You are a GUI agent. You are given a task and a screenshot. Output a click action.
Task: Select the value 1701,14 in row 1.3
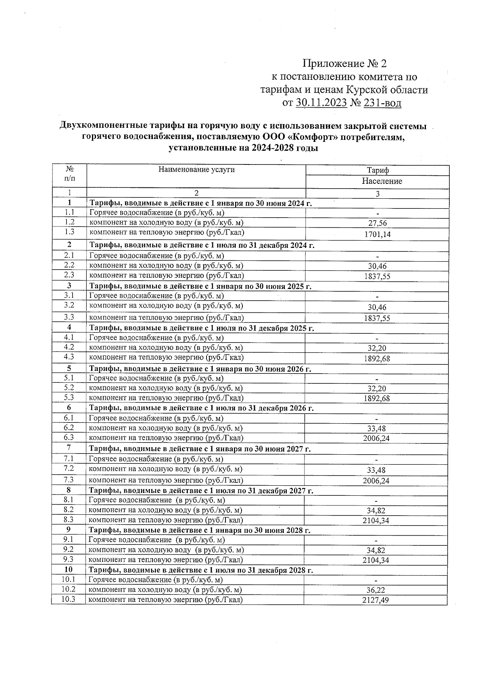[378, 235]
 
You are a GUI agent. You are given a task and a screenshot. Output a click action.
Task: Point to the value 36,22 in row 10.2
[376, 590]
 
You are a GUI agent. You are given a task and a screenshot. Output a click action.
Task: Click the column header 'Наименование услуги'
[196, 170]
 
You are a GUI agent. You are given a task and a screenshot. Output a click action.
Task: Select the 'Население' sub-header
[382, 181]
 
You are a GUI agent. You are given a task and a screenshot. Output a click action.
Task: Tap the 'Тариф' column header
[378, 170]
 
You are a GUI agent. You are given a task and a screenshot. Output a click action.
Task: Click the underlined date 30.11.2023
[321, 103]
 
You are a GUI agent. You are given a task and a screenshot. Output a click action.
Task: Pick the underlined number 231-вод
[382, 103]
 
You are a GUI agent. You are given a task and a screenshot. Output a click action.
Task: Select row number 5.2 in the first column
[69, 388]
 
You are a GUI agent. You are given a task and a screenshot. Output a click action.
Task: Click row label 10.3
[68, 599]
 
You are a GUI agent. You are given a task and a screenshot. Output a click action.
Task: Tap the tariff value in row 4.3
[377, 359]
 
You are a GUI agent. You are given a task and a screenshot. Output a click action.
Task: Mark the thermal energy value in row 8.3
[376, 521]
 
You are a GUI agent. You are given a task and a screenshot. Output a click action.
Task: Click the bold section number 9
[69, 530]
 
